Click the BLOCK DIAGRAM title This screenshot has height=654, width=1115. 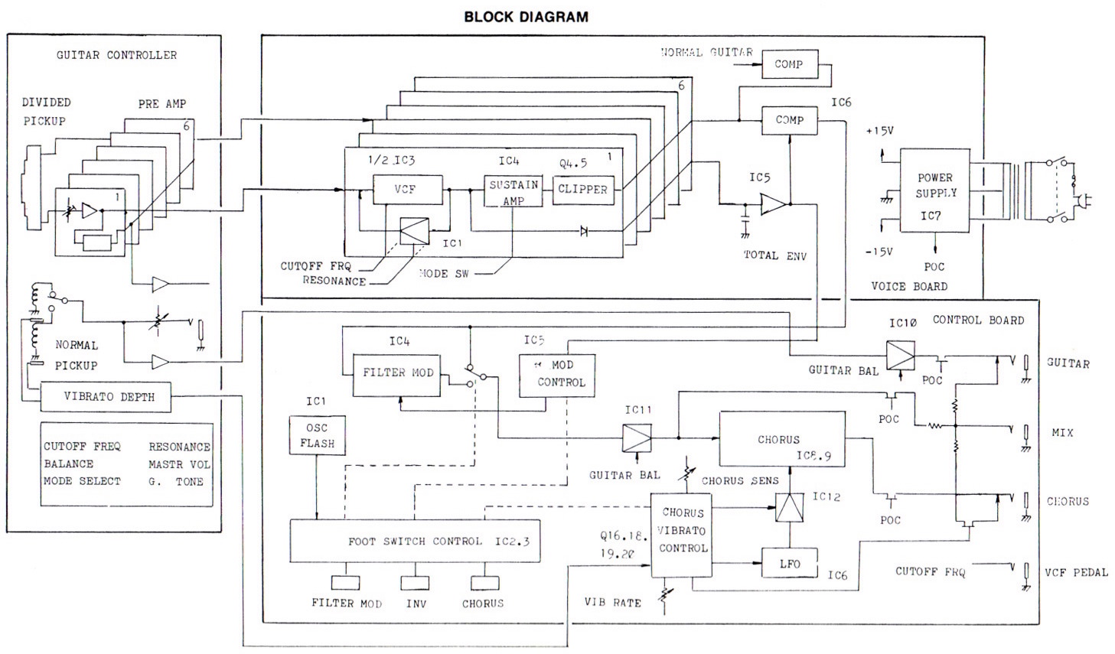click(526, 16)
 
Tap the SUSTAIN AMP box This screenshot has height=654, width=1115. click(513, 191)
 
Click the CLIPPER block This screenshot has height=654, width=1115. click(582, 189)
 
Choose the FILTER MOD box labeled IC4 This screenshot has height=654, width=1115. click(397, 374)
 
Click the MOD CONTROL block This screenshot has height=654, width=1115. click(556, 375)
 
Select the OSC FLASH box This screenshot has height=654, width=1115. click(317, 436)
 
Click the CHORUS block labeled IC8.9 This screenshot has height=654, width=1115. click(781, 439)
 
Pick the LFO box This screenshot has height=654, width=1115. click(789, 565)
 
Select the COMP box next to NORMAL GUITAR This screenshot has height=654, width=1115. click(789, 65)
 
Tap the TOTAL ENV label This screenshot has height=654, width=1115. click(775, 255)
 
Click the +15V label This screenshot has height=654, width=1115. click(879, 131)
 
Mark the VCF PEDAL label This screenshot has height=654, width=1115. click(1076, 571)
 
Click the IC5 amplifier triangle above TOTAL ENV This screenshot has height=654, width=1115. click(773, 204)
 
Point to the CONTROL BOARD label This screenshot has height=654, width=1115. click(977, 320)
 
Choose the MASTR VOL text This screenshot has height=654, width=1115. click(179, 464)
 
